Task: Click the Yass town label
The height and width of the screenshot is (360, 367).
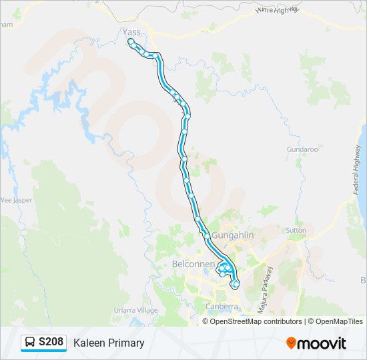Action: point(131,31)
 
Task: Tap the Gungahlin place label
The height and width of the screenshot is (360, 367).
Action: point(231,236)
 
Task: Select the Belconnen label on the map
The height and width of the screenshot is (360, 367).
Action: point(194,265)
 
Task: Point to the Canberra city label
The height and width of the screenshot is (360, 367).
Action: point(222,307)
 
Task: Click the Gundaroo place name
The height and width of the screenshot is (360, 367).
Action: point(302,149)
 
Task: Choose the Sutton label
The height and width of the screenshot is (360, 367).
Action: point(296,231)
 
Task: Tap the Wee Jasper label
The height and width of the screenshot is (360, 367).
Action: point(14,199)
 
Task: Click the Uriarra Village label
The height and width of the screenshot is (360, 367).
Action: point(135,311)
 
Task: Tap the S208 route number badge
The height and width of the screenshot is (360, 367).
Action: point(51,343)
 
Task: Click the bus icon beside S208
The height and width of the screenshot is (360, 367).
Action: point(31,343)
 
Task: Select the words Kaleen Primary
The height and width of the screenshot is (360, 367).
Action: point(109,343)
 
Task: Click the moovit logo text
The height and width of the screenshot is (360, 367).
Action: point(322,343)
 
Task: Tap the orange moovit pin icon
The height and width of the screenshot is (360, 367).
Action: point(291,343)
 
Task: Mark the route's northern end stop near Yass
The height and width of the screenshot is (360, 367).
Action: point(131,41)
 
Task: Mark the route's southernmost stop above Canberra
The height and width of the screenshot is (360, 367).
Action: point(235,285)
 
